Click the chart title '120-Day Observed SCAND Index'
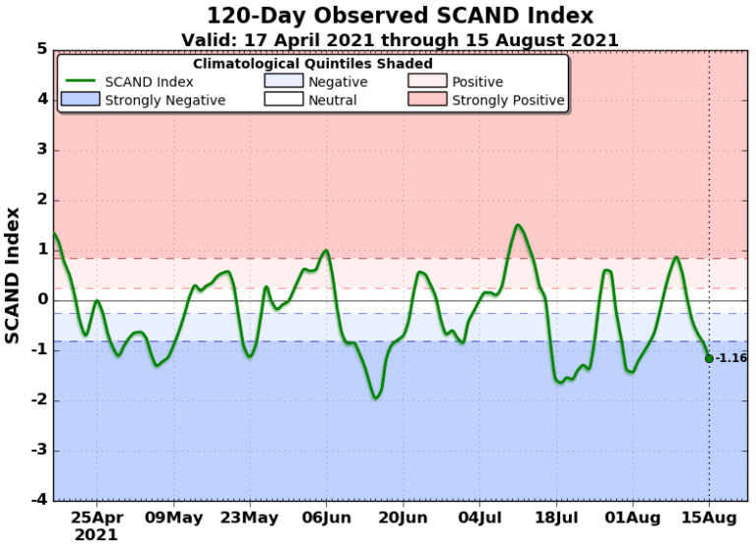point(400,16)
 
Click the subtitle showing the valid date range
point(400,39)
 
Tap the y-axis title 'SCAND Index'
point(13,274)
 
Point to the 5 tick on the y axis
point(42,49)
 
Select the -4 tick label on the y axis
point(39,501)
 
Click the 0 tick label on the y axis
point(42,300)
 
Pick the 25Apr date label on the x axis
point(95,517)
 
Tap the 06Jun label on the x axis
point(326,517)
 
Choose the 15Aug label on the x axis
point(709,517)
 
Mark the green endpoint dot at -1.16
point(709,358)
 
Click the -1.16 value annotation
point(731,358)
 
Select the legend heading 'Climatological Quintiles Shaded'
point(311,63)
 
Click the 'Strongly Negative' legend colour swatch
point(81,99)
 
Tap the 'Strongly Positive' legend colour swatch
point(427,99)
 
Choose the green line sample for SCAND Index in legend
point(81,82)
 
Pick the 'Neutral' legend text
point(332,100)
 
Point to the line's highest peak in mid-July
point(518,225)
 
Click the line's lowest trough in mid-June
point(375,397)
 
